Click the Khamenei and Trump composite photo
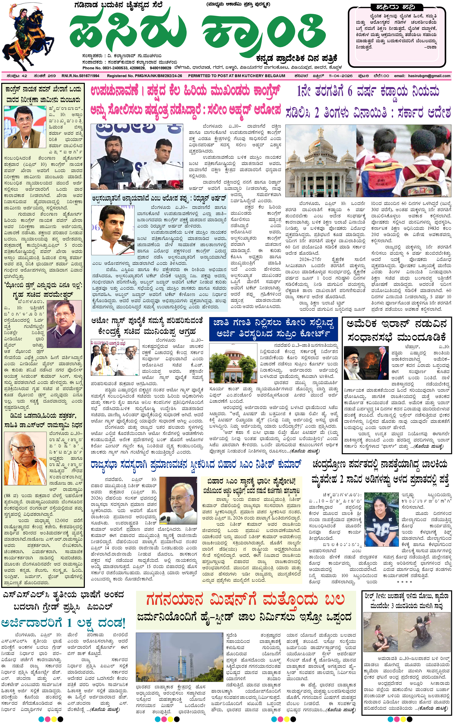(x=365, y=363)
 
